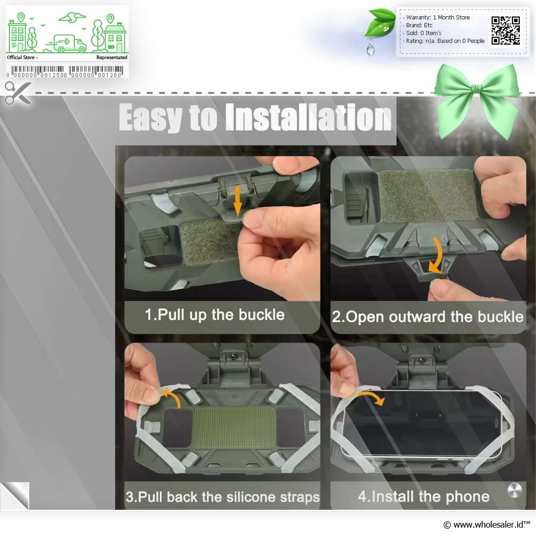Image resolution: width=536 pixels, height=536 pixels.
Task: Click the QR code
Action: click(x=506, y=31)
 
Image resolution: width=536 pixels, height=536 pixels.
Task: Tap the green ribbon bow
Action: click(x=477, y=99)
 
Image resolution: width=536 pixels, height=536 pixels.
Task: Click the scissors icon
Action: click(x=18, y=93)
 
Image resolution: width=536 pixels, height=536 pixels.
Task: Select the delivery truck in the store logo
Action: click(x=66, y=44)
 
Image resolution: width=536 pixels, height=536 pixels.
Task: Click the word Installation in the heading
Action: click(x=308, y=117)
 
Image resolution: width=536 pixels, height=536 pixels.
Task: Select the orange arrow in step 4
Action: click(x=372, y=397)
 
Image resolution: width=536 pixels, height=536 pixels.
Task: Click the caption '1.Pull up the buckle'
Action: click(x=214, y=315)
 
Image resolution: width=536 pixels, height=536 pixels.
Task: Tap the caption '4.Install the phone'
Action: click(x=423, y=496)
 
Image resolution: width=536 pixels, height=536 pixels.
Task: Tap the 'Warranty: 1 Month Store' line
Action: click(x=438, y=17)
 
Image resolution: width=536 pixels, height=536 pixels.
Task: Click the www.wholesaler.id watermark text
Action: click(x=487, y=524)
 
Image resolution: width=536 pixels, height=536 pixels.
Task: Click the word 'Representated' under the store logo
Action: click(x=112, y=58)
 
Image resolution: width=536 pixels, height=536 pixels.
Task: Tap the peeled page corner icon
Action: click(x=15, y=496)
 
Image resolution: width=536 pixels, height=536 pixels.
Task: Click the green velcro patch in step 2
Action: click(x=427, y=196)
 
